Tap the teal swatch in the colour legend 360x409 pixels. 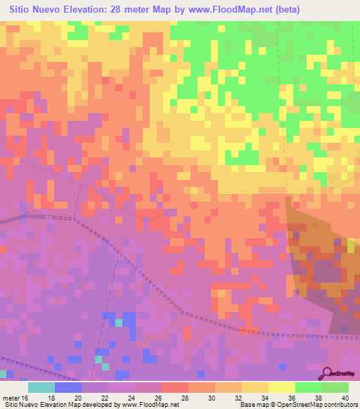pos(41,387)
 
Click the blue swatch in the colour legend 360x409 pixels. pos(68,387)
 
